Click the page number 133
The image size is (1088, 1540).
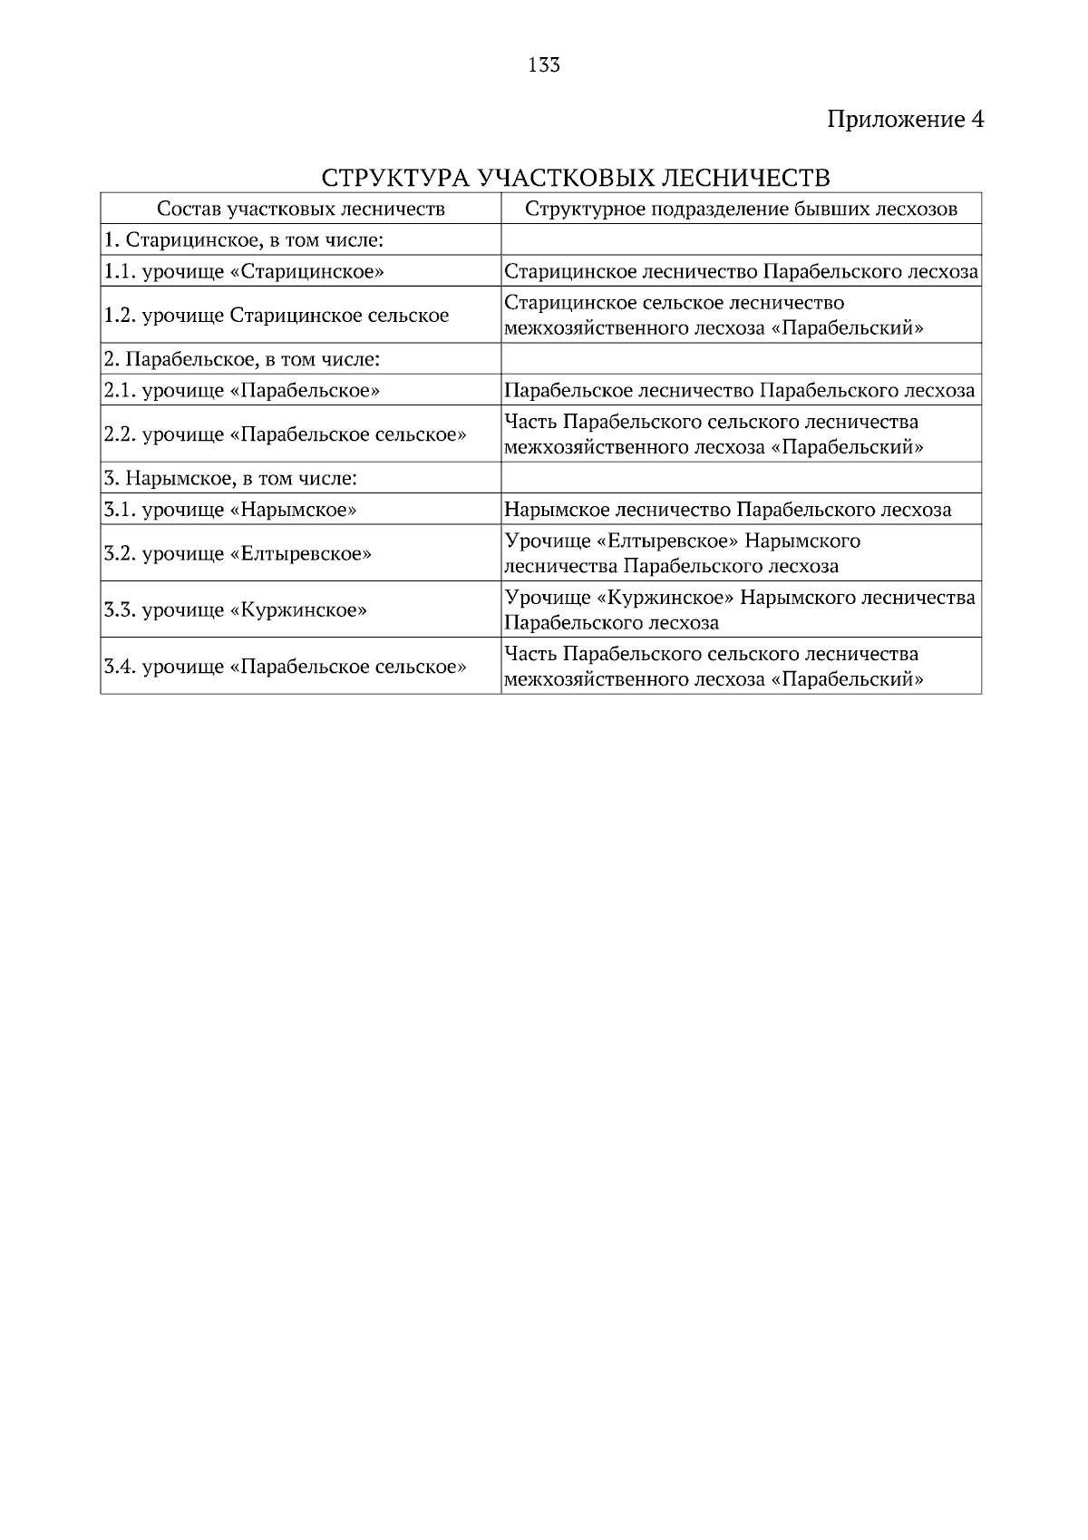click(x=543, y=65)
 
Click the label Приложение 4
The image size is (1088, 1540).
click(x=905, y=120)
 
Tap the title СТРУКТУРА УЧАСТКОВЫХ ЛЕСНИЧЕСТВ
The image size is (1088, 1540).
click(x=576, y=176)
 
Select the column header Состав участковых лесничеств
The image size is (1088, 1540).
click(x=301, y=210)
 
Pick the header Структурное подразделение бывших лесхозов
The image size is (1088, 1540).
click(x=741, y=210)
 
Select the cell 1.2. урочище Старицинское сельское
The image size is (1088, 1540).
click(x=277, y=316)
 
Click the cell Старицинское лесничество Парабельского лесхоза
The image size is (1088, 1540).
click(x=741, y=271)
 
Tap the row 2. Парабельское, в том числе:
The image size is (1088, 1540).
click(x=242, y=359)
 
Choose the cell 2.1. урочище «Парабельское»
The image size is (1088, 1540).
click(x=242, y=391)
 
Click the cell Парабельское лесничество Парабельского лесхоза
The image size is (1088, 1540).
click(x=739, y=391)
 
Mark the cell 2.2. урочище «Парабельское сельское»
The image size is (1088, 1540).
click(x=286, y=434)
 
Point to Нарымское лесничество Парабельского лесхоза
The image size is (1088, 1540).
click(x=727, y=510)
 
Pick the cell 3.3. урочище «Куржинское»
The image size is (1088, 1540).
click(x=236, y=609)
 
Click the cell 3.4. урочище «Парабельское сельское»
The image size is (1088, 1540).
click(x=286, y=667)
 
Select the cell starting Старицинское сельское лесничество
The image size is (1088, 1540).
click(x=714, y=315)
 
